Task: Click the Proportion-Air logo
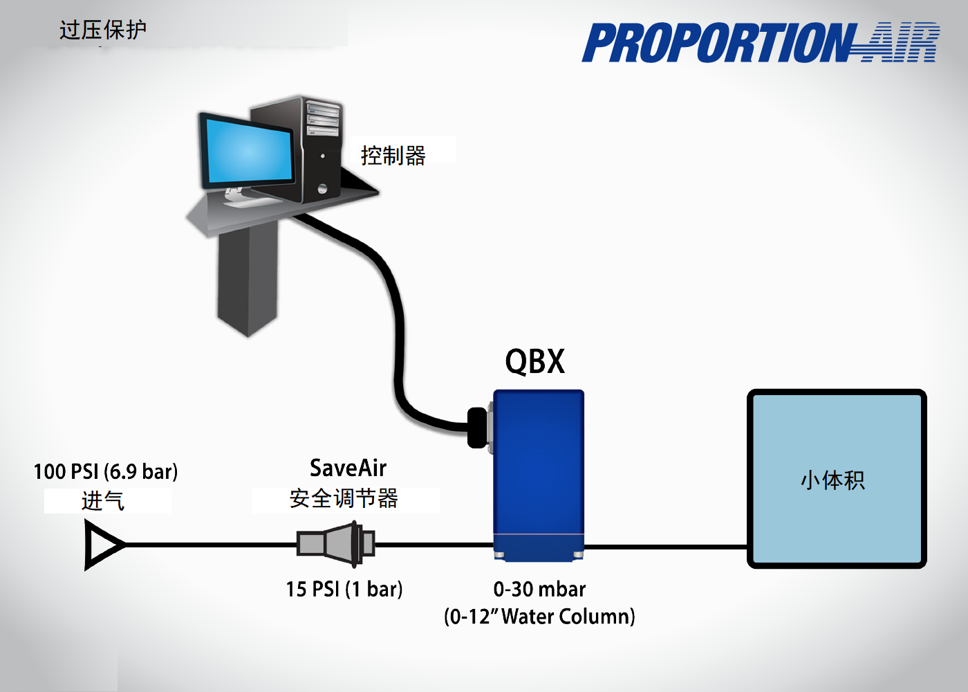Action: pos(761,43)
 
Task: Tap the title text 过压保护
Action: pos(103,30)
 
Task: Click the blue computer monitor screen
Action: pos(248,152)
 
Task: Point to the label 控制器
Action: pos(393,156)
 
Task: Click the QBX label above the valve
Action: pos(534,361)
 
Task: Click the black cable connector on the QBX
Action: pos(477,428)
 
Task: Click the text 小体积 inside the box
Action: pos(832,480)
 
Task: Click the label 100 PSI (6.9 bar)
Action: pos(106,472)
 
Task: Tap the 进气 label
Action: pos(103,500)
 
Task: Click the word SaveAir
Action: pos(348,468)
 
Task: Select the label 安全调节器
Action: pos(344,498)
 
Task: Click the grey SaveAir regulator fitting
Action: pos(336,543)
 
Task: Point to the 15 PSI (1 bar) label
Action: pos(344,589)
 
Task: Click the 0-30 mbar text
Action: pos(539,589)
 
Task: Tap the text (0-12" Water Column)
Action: pos(539,617)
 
